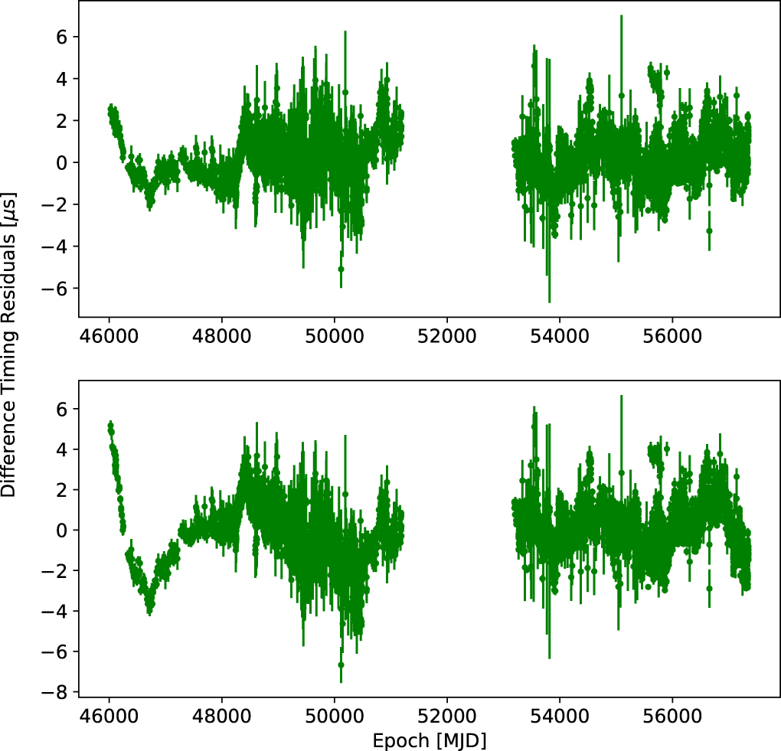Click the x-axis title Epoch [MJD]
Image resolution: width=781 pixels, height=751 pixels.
[x=429, y=740]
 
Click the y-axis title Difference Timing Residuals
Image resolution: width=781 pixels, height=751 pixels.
[x=11, y=345]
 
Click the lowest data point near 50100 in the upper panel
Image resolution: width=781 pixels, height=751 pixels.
[x=341, y=269]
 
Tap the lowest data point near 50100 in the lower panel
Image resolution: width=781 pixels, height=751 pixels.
[x=341, y=665]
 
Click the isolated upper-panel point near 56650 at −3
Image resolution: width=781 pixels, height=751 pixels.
[x=709, y=230]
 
